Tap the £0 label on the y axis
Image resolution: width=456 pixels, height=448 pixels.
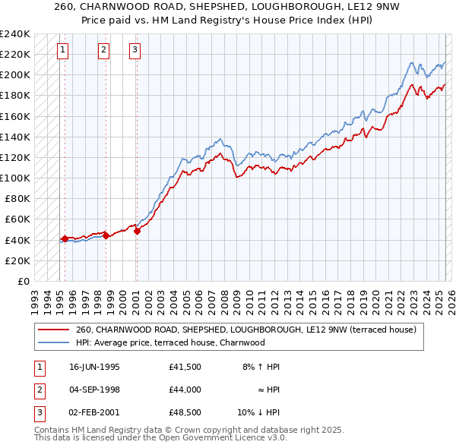pyautogui.click(x=23, y=281)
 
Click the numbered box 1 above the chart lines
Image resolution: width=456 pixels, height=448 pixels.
pyautogui.click(x=62, y=51)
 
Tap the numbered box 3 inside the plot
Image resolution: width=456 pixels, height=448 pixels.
pyautogui.click(x=135, y=51)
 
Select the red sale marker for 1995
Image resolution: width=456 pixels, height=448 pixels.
pyautogui.click(x=65, y=238)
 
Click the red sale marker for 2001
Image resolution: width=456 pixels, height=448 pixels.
pyautogui.click(x=137, y=232)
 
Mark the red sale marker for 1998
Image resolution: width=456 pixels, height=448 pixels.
pyautogui.click(x=106, y=236)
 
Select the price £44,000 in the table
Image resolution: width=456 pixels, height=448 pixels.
pyautogui.click(x=185, y=389)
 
